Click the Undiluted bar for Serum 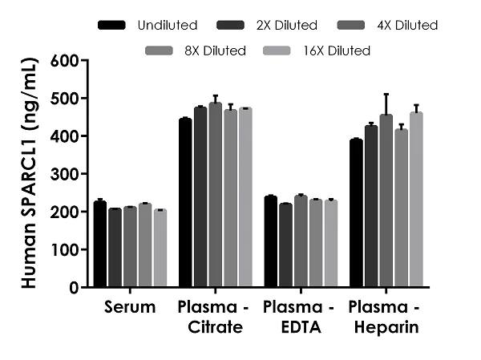pyautogui.click(x=99, y=245)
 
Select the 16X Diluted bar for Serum pyautogui.click(x=160, y=249)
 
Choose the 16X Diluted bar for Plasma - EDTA pyautogui.click(x=331, y=244)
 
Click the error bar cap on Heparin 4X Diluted pyautogui.click(x=386, y=94)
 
